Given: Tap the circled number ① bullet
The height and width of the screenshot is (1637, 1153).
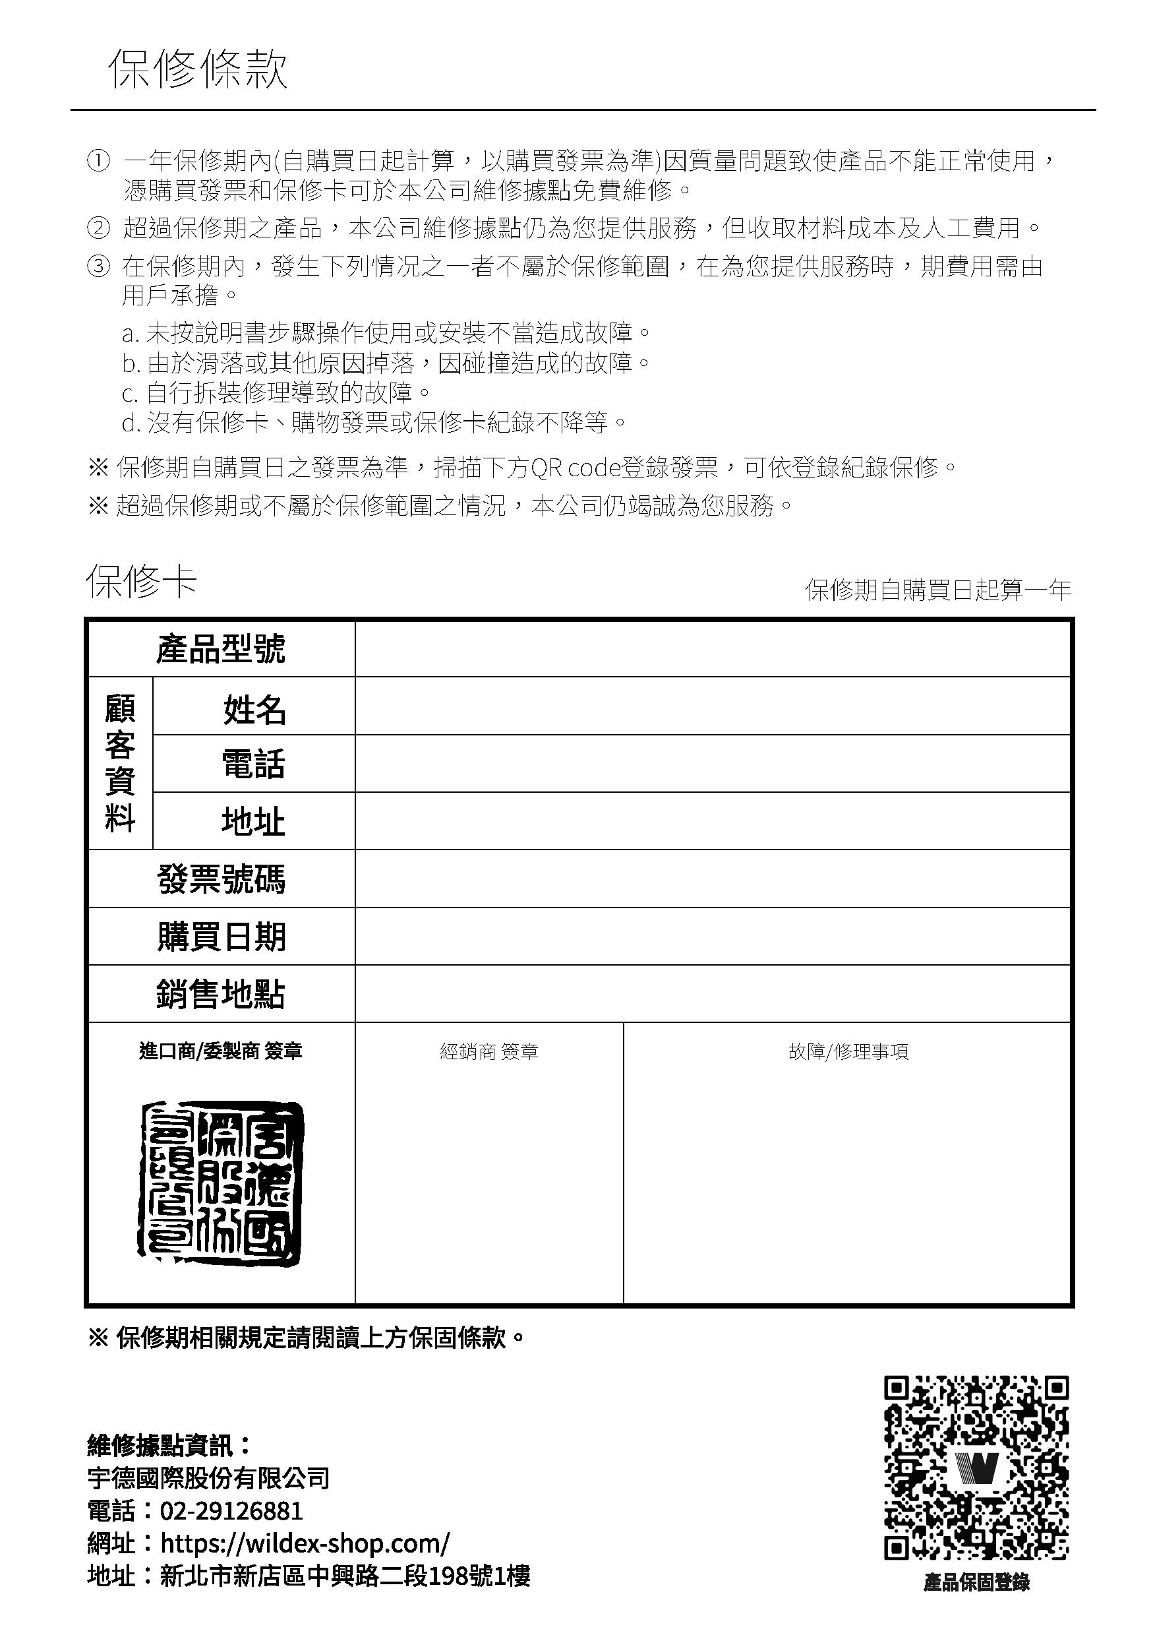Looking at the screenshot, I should pos(98,161).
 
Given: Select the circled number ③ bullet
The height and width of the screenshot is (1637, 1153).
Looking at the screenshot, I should pos(98,266).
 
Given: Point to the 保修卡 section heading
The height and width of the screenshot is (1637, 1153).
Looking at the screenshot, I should pos(141,582).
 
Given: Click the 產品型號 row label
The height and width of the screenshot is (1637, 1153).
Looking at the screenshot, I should pos(221,649).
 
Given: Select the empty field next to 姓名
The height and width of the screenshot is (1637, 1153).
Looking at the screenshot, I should pos(713,706).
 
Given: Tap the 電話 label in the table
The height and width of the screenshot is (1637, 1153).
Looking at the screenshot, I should pos(253,764).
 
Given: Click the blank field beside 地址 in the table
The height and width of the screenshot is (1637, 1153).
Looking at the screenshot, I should pos(713,820).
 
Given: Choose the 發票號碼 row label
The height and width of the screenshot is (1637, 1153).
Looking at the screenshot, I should pos(221,879).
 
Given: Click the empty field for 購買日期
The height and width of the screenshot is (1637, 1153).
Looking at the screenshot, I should pos(713,936).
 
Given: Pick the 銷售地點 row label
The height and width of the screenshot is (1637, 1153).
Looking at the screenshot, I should pos(221,994).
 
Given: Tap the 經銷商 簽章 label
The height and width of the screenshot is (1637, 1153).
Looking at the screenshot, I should pos(489,1051).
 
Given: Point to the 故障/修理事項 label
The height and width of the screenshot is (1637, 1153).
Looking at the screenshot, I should pos(848,1051).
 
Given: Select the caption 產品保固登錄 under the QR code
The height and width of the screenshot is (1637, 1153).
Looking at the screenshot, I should pos(976,1584).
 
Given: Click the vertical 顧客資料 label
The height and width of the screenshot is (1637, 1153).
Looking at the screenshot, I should pos(120,763).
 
